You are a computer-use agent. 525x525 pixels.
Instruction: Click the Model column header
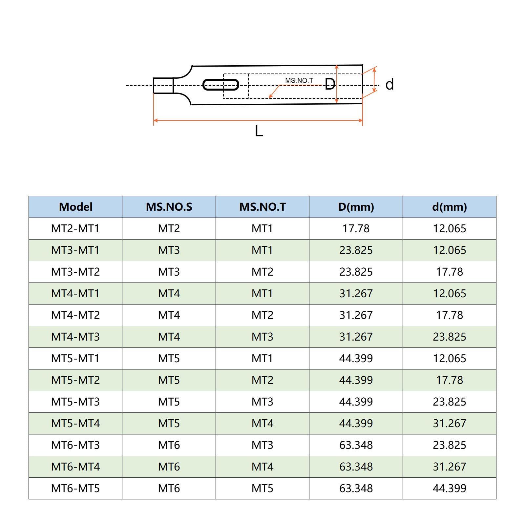[75, 207]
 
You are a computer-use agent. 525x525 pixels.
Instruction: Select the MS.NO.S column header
[169, 207]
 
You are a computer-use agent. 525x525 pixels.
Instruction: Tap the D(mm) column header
[356, 207]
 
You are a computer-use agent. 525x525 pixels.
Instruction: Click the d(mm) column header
[450, 207]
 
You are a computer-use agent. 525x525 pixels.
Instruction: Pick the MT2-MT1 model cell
[75, 228]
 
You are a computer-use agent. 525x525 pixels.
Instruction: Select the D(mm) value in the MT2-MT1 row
[356, 228]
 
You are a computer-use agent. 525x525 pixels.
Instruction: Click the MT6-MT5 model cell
[75, 488]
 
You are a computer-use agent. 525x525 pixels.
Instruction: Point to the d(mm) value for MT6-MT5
[450, 488]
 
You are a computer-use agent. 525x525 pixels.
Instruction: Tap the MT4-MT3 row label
[75, 337]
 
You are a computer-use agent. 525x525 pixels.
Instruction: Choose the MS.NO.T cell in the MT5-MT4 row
[262, 423]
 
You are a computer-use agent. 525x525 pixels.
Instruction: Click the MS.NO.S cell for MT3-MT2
[169, 272]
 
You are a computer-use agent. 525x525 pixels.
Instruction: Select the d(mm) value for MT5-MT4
[450, 423]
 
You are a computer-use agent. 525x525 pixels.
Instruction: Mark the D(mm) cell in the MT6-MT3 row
[356, 445]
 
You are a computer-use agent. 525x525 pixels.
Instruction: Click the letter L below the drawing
[259, 131]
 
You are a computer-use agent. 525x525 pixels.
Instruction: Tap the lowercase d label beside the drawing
[389, 84]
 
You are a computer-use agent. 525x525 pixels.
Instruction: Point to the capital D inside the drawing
[330, 84]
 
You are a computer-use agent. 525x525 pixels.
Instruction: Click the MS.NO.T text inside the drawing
[299, 80]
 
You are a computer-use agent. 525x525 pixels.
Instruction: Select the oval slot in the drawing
[220, 85]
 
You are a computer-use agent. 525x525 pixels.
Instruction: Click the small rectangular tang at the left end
[163, 85]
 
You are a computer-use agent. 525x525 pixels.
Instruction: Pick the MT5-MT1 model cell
[75, 358]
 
